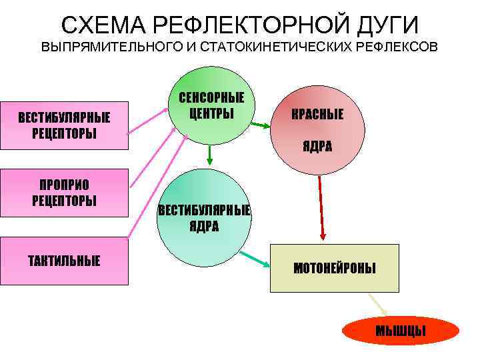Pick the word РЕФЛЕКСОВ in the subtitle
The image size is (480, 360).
[x=399, y=48]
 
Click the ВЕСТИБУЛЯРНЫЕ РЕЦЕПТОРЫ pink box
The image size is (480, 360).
[x=64, y=125]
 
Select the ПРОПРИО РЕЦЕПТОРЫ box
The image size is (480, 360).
[x=64, y=193]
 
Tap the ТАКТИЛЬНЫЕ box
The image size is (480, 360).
[x=64, y=261]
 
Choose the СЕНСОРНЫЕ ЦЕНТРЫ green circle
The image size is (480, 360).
[x=211, y=105]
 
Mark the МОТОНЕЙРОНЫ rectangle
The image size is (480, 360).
[x=334, y=269]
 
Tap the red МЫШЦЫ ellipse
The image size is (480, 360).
[x=401, y=331]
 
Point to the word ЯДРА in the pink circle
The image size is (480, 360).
[x=317, y=147]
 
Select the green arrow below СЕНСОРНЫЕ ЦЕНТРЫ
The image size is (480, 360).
[x=210, y=154]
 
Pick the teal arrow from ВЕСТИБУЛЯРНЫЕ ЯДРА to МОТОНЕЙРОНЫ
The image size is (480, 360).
[x=254, y=259]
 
